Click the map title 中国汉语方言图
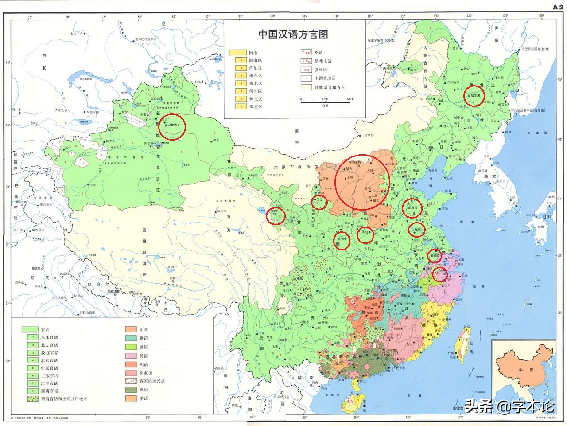293,34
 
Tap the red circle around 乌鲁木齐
172,126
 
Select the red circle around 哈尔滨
474,96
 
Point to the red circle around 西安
342,240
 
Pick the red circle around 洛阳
365,234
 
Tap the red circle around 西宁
277,216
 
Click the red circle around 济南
412,208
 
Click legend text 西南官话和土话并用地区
64,399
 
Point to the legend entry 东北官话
49,337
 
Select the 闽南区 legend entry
255,60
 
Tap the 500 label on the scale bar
350,99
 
